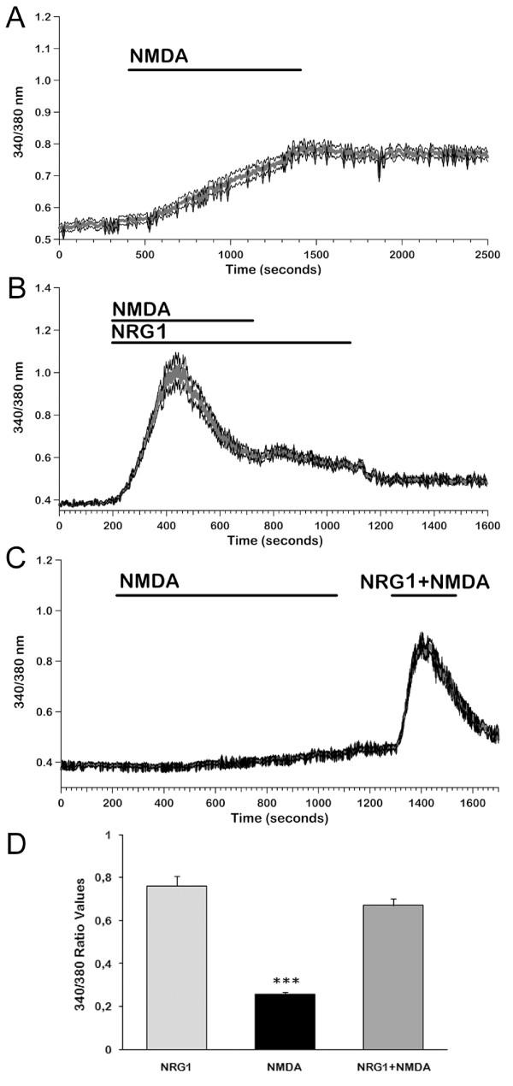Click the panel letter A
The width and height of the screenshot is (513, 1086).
(15, 17)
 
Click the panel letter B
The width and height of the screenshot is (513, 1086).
(15, 299)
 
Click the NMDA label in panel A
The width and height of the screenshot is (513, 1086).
(158, 57)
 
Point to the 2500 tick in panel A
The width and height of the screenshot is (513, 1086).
(487, 255)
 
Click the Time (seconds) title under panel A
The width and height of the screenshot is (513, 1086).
(274, 269)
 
